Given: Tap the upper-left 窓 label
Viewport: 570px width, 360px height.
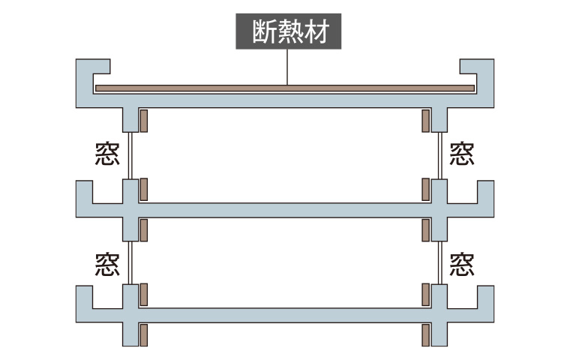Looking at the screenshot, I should pos(107,154).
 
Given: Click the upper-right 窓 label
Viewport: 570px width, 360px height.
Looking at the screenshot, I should pos(461,154).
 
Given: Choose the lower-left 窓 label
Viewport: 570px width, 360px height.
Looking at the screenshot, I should pos(107,263).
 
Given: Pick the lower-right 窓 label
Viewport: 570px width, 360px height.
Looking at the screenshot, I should pos(461,263).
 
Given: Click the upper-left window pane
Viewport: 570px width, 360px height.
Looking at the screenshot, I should pos(130,154).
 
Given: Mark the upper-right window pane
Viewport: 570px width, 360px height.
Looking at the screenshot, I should pos(439,154).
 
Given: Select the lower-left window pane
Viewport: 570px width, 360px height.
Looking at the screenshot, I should pos(130,262).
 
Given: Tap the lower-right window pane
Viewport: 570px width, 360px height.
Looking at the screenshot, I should pos(439,262).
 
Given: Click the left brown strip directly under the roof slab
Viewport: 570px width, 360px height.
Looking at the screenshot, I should pos(143,119).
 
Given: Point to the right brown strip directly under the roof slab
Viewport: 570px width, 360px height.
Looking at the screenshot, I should pos(425,119).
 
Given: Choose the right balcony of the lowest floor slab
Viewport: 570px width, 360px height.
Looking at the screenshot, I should pos(476,308).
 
